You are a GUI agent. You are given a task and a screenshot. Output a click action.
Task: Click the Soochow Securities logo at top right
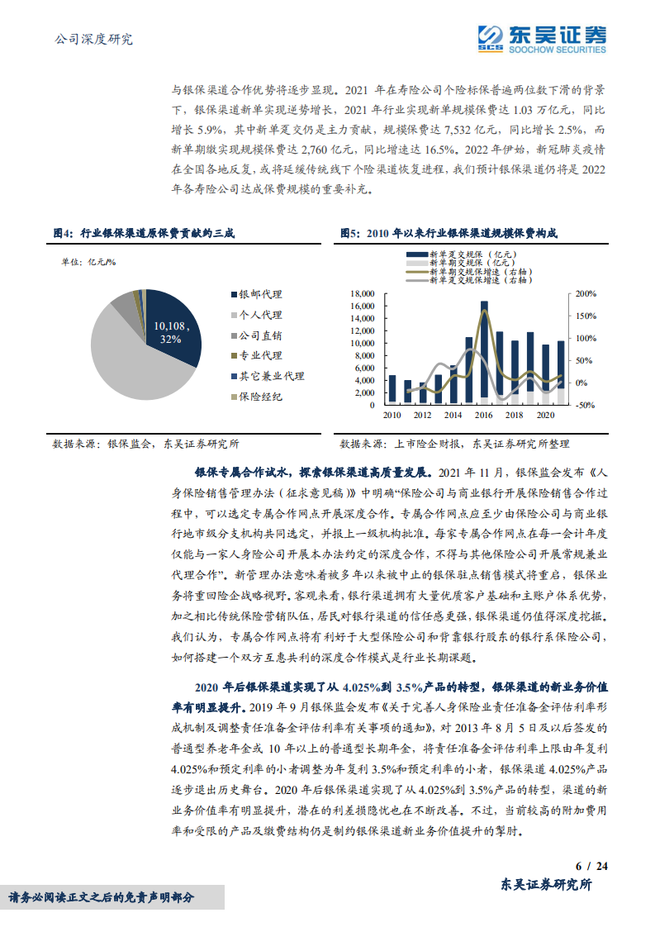[542, 37]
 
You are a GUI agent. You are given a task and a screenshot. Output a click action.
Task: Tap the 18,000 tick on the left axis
[362, 294]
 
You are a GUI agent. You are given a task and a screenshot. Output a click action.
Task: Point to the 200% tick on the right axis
[586, 294]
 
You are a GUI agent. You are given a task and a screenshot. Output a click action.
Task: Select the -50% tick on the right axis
[586, 405]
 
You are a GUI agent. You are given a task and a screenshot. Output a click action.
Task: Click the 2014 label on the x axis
[453, 415]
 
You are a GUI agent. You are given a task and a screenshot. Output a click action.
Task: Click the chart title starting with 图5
[449, 234]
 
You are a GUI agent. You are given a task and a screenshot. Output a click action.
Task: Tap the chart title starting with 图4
[144, 234]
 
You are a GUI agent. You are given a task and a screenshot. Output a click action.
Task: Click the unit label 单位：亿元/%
[89, 262]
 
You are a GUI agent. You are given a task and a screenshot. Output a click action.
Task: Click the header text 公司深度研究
[93, 39]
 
